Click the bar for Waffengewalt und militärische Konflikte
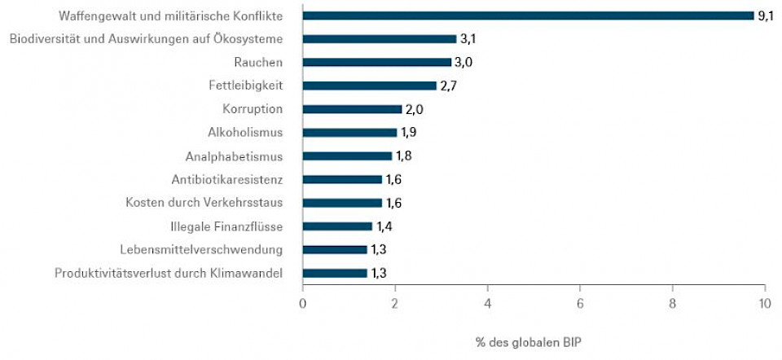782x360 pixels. click(528, 15)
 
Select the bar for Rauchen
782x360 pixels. click(376, 62)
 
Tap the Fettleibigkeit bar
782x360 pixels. click(369, 86)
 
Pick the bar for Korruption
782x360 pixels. click(352, 109)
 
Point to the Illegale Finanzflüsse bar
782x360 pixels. click(337, 226)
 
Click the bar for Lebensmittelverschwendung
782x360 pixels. click(335, 250)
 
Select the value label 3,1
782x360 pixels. click(468, 38)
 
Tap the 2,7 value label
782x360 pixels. click(449, 86)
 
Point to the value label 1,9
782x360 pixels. click(409, 133)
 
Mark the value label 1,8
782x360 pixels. click(403, 156)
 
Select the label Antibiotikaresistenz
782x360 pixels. click(227, 179)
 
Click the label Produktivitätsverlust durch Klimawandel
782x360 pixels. click(169, 274)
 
